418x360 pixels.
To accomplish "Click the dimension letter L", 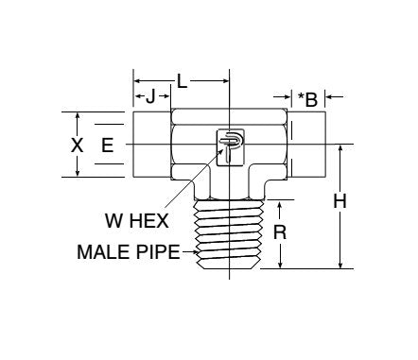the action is pos(182,81).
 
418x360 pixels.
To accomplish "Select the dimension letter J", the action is pos(150,96).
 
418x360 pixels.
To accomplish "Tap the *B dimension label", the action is pos(307,99).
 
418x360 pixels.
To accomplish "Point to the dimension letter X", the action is pos(77,146).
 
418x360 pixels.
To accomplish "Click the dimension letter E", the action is pos(108,146).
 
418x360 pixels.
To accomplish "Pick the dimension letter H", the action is pos(340,201).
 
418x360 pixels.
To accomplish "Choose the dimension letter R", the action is pos(280,232).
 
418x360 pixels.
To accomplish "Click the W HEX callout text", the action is pos(137,221).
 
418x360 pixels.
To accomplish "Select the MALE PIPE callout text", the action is pos(129,252).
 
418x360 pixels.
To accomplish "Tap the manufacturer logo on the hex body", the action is pos(230,147).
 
